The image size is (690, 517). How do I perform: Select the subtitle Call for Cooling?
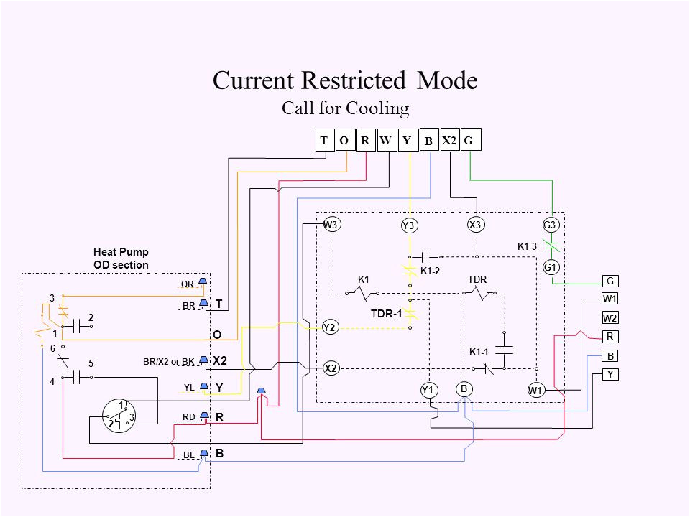(x=345, y=108)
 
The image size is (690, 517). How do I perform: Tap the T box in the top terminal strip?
(x=324, y=141)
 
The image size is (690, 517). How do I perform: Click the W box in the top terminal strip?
(x=385, y=141)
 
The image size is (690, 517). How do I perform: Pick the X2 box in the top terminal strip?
(x=449, y=141)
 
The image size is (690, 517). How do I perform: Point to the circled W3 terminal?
(x=331, y=225)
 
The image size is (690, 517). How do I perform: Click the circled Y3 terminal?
(x=409, y=226)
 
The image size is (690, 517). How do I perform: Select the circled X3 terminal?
(x=475, y=225)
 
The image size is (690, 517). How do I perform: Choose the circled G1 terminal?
(x=551, y=267)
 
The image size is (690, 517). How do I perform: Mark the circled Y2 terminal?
(x=330, y=327)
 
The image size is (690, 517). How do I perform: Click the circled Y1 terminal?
(x=429, y=389)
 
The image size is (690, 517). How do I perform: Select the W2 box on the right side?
(x=610, y=317)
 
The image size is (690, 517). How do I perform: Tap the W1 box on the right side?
(x=610, y=299)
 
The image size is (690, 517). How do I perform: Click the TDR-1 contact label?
(x=386, y=314)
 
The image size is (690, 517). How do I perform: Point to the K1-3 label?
(x=527, y=246)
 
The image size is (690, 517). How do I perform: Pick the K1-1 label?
(x=479, y=352)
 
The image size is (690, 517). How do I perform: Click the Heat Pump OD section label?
(x=121, y=258)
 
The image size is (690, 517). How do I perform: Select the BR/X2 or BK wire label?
(x=169, y=361)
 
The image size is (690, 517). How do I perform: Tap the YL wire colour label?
(x=189, y=387)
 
